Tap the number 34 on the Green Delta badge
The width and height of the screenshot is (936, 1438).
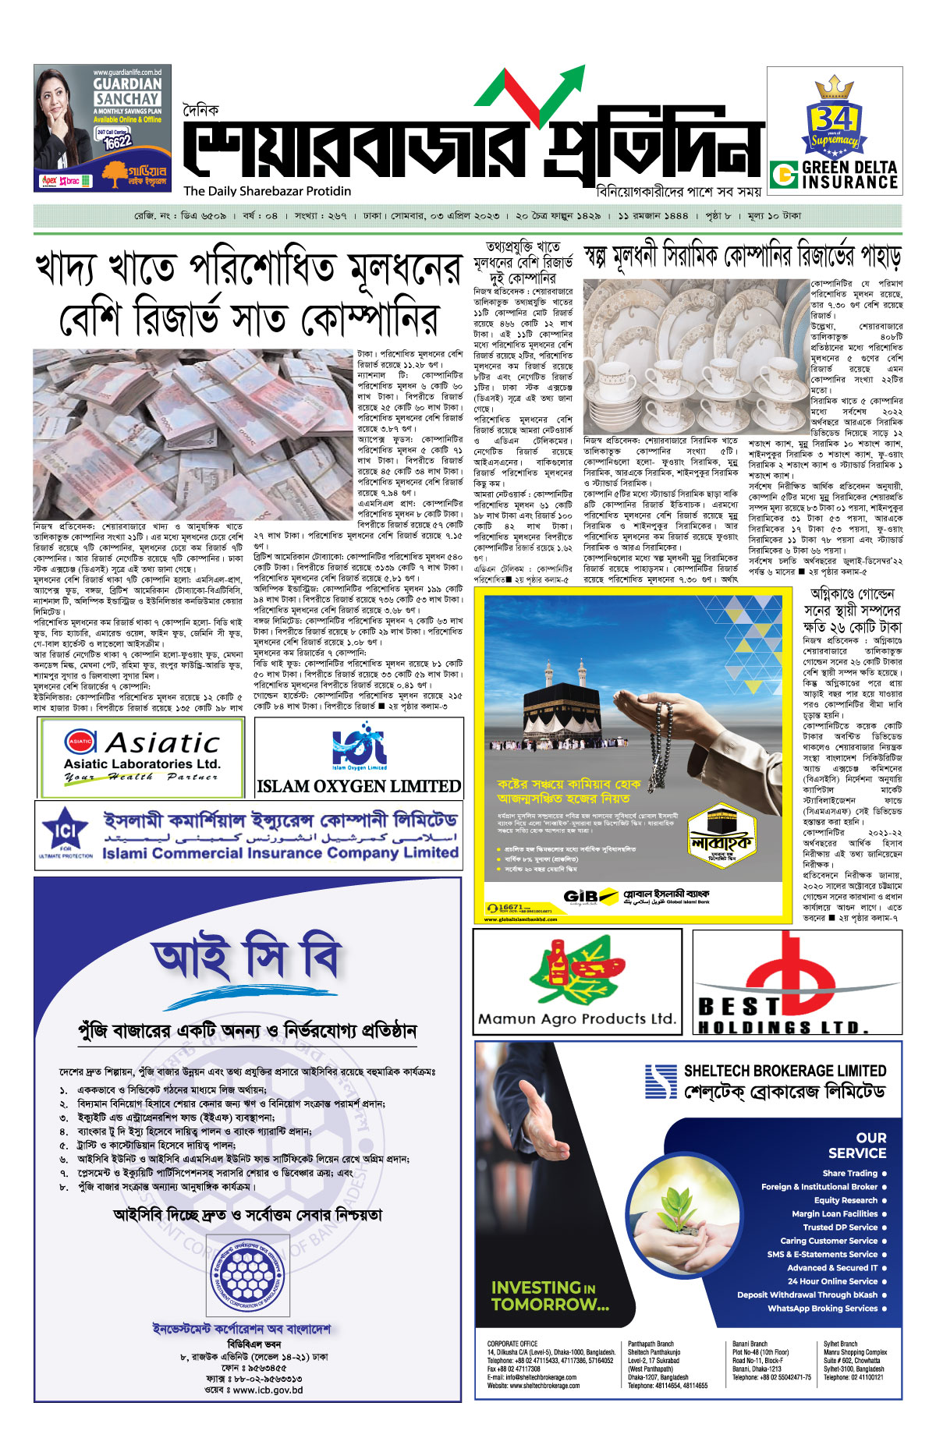tap(834, 119)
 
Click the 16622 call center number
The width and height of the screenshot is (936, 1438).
tap(117, 142)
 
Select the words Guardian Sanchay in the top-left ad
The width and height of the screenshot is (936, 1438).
tap(127, 91)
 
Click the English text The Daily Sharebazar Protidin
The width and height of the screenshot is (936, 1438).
tap(268, 191)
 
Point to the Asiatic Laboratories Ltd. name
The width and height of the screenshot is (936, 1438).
tap(142, 764)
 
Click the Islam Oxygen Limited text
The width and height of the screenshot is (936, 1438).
tap(359, 786)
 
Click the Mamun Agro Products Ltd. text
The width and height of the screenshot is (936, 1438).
tap(576, 1018)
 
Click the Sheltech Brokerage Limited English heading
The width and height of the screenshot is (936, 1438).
tap(785, 1071)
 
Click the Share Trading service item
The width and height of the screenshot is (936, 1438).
tap(849, 1173)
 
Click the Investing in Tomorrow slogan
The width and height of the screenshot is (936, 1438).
tap(549, 1295)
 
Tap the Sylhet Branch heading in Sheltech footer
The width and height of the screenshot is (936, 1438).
tap(840, 1344)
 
